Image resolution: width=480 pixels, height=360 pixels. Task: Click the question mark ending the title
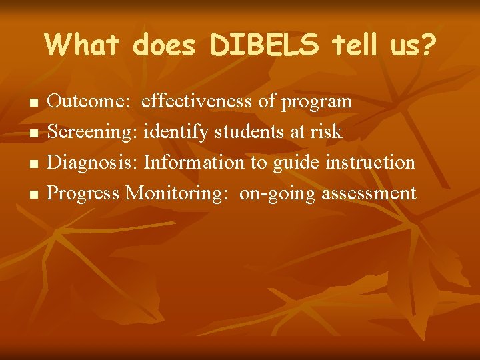tap(426, 45)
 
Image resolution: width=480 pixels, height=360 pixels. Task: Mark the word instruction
tap(371, 162)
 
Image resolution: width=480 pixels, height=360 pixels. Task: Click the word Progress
tap(84, 193)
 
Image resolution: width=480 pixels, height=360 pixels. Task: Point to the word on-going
tap(277, 194)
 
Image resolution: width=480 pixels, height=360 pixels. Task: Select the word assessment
tap(369, 193)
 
